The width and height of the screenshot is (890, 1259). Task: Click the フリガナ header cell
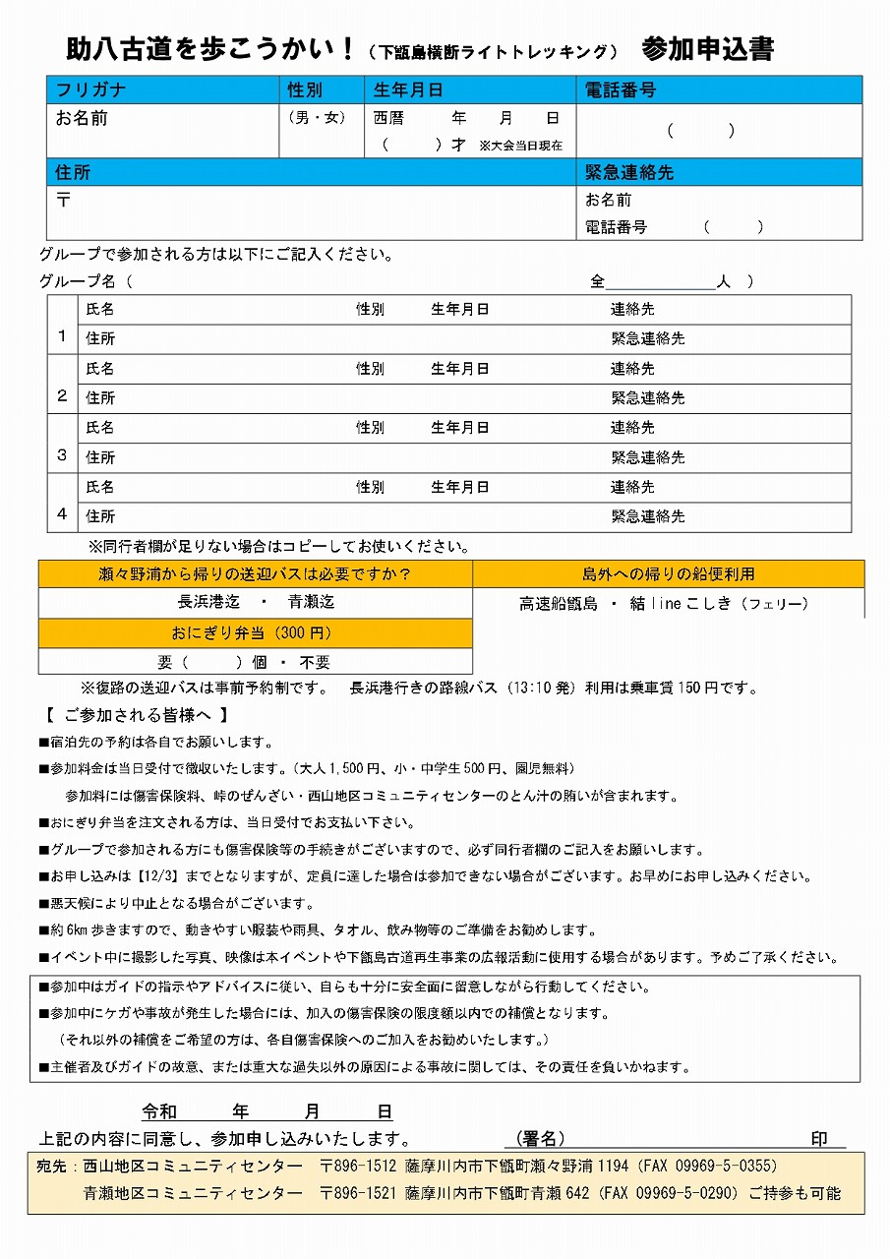pos(90,90)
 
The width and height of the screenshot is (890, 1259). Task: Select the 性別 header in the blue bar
pos(305,90)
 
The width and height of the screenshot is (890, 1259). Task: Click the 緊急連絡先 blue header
pos(629,172)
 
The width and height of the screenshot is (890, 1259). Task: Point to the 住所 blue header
pos(74,172)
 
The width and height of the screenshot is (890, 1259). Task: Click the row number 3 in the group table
pos(62,455)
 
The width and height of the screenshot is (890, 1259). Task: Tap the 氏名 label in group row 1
pos(100,309)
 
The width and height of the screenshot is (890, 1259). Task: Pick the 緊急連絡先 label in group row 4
pos(648,516)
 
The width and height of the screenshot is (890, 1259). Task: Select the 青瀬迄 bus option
pos(311,602)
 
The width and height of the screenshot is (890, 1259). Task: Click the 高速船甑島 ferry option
pos(559,604)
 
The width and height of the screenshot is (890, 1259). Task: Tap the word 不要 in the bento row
pos(315,663)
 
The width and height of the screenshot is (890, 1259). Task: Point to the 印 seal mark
pos(818,1139)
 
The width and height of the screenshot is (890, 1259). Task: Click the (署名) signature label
pos(540,1139)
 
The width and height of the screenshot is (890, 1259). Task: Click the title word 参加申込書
pos(707,49)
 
